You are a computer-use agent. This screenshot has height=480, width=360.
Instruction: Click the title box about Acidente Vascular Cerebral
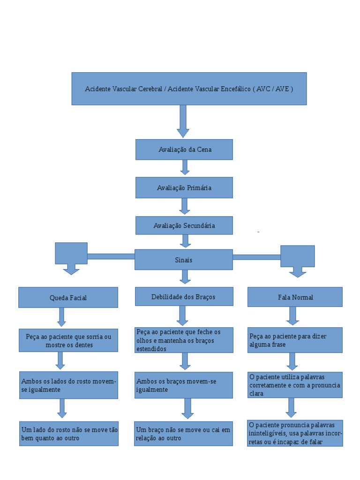(x=189, y=89)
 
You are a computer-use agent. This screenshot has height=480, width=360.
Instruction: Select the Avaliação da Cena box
(x=184, y=150)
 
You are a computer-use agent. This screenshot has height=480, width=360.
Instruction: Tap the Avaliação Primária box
(x=184, y=187)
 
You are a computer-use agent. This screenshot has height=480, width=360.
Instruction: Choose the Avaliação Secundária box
(x=184, y=225)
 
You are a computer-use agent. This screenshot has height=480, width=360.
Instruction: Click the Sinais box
(x=184, y=260)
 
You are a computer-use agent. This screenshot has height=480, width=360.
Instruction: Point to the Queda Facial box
(x=68, y=298)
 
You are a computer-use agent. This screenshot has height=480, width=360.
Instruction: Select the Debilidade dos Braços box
(x=184, y=297)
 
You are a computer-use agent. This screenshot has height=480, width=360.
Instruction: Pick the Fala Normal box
(x=295, y=297)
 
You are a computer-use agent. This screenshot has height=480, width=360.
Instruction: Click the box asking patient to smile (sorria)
(x=68, y=340)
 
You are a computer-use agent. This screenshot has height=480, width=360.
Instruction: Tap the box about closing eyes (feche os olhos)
(x=184, y=340)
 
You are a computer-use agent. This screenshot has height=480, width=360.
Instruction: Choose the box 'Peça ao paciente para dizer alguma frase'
(x=295, y=340)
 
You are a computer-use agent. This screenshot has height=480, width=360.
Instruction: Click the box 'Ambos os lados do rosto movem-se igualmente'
(x=68, y=385)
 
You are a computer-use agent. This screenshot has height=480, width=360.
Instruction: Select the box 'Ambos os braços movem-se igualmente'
(x=184, y=385)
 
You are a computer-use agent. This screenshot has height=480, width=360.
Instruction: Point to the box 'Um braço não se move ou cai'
(x=184, y=434)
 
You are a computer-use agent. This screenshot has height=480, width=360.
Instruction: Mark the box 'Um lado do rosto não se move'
(x=69, y=434)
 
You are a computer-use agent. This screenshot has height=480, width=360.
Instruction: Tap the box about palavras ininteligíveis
(x=295, y=433)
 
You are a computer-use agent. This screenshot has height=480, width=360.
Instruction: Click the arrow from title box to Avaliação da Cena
(x=183, y=121)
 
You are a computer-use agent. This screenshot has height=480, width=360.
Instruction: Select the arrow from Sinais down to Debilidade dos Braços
(x=185, y=277)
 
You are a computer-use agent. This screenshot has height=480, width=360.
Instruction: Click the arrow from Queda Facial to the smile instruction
(x=61, y=317)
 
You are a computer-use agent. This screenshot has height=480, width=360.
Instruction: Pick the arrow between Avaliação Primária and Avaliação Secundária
(x=185, y=206)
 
